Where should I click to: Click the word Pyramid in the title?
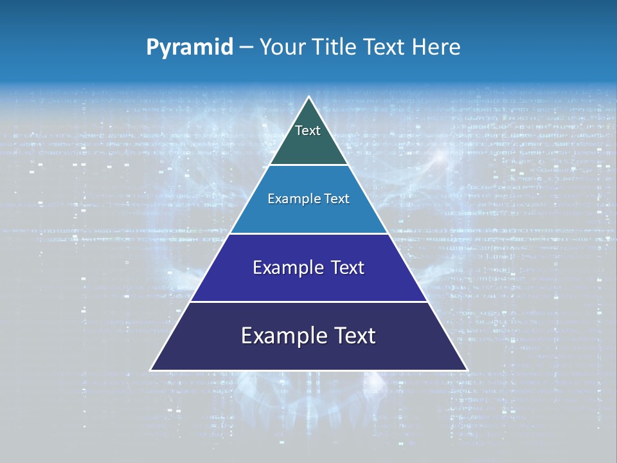(189, 48)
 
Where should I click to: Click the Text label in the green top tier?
(308, 131)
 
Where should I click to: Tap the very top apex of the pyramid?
(309, 98)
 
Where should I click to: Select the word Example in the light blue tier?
(292, 199)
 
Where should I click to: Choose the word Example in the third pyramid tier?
(285, 268)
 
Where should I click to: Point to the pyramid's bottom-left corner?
(151, 370)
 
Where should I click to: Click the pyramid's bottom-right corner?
(467, 370)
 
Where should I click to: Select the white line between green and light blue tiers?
(309, 165)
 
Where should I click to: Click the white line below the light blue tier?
(309, 233)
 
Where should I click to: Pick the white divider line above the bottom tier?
(309, 302)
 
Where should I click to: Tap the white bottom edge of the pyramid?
(309, 370)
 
